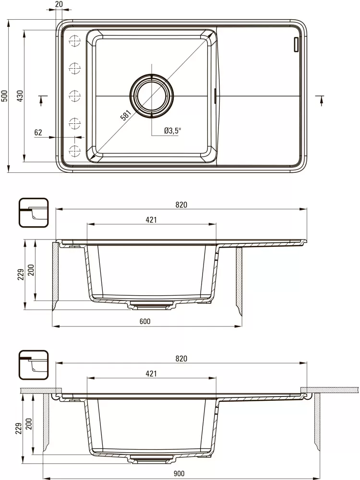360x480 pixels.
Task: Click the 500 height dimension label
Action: [4, 96]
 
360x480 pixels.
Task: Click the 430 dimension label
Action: [20, 96]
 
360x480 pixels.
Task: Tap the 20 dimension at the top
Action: [59, 4]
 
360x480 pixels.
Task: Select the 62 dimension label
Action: [39, 132]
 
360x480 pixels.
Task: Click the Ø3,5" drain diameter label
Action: [171, 131]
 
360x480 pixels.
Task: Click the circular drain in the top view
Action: [152, 96]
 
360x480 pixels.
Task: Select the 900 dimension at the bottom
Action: [179, 474]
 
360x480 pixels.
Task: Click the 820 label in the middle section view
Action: [181, 205]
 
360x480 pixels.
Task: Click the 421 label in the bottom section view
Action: [151, 373]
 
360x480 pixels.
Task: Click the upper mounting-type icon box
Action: [33, 213]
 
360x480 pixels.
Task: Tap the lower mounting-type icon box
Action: [33, 365]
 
